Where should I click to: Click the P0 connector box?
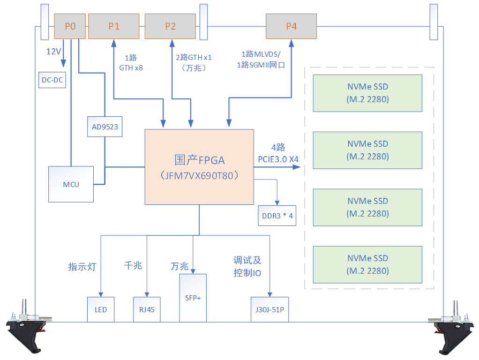pos(70,26)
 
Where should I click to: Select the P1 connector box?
pos(114,26)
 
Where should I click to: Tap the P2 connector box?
pos(170,26)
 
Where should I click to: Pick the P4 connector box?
pos(291,26)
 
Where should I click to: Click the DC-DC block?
pos(52,80)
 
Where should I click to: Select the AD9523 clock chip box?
pos(105,127)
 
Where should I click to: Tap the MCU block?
pos(71,184)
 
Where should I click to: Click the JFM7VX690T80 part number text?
pos(199,176)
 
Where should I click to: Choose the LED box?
pos(101,309)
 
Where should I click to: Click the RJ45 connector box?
pos(147,309)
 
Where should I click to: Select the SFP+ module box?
pos(193,298)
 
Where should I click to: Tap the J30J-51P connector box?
pos(269,309)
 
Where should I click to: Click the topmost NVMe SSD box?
pos(367,93)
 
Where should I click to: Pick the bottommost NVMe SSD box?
pos(367,264)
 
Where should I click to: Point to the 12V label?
pos(53,52)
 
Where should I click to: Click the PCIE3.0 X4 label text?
pos(278,159)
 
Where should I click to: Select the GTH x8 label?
pos(131,67)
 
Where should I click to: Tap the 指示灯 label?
pos(82,267)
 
